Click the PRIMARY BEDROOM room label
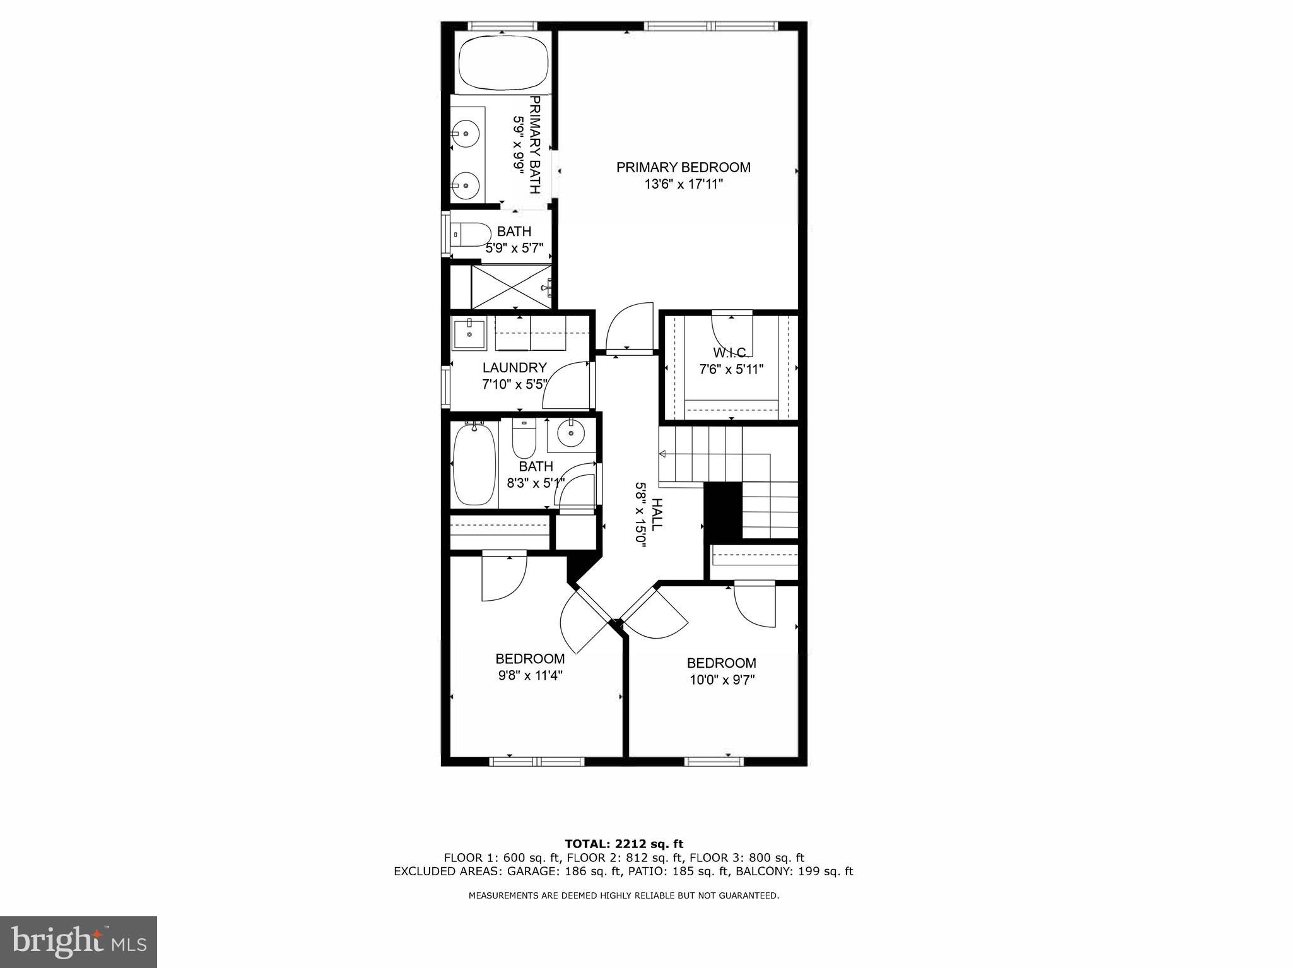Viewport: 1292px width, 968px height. (x=683, y=167)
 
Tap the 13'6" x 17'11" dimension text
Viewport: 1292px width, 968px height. (x=683, y=184)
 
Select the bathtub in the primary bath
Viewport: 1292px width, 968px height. (x=503, y=64)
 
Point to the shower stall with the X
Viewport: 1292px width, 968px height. (x=511, y=287)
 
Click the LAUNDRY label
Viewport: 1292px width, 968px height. (x=514, y=368)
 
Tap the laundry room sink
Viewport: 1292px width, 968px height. (x=469, y=334)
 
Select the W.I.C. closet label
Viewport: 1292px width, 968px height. (x=731, y=352)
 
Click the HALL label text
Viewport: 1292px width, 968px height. (x=657, y=514)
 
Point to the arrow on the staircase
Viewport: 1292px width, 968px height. (x=664, y=454)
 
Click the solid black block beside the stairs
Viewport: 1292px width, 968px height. (x=723, y=511)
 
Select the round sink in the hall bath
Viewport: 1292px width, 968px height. (x=571, y=434)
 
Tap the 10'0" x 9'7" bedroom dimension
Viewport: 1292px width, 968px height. (x=722, y=680)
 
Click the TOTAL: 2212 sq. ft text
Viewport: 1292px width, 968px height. (x=623, y=844)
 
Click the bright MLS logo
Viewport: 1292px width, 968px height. (x=78, y=942)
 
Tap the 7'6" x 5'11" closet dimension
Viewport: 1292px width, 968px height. (x=731, y=369)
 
